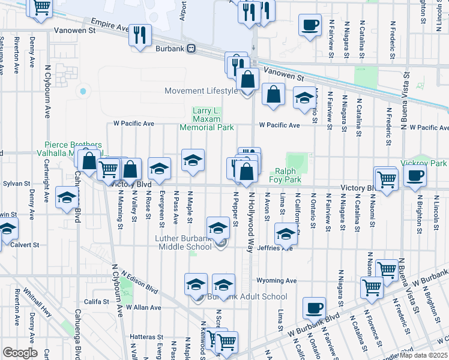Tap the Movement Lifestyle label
coord(201,91)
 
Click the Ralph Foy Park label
coord(288,175)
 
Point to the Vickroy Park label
coord(430,163)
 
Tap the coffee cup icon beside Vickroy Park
coord(414,175)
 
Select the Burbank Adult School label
coord(247,296)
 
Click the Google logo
coord(20,353)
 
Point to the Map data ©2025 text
coord(423,355)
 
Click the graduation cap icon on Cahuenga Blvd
coord(66,197)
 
